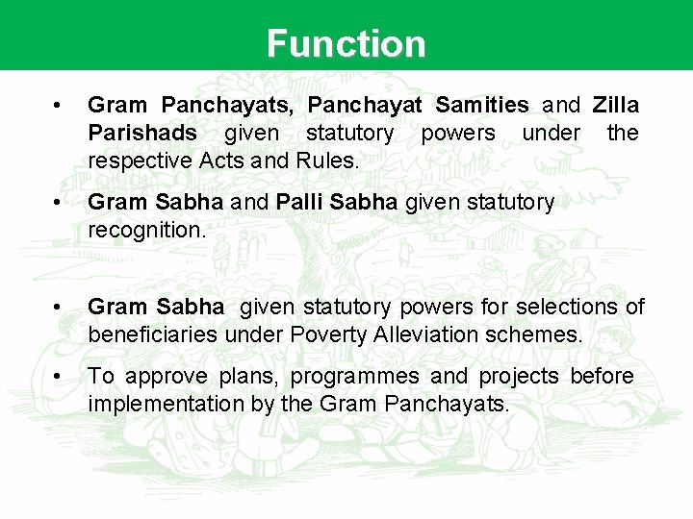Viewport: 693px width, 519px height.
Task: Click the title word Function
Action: tap(346, 44)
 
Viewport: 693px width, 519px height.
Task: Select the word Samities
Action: tap(481, 105)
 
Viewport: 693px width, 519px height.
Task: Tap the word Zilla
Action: tap(616, 105)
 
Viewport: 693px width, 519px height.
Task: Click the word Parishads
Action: tap(142, 133)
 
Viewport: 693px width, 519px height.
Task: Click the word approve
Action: tap(169, 377)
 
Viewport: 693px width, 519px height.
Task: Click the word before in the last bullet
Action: tap(603, 377)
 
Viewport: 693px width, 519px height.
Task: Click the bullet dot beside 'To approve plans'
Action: tap(60, 376)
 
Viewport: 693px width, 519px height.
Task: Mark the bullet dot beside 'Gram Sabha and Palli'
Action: tap(60, 202)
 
